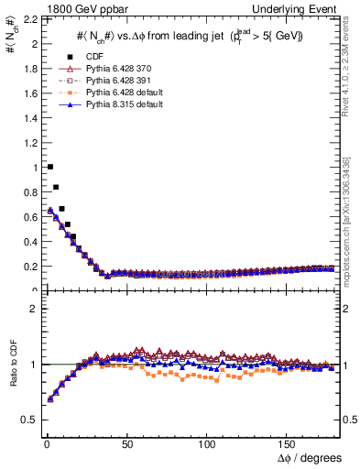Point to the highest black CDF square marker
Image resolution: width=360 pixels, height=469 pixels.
point(49,167)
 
